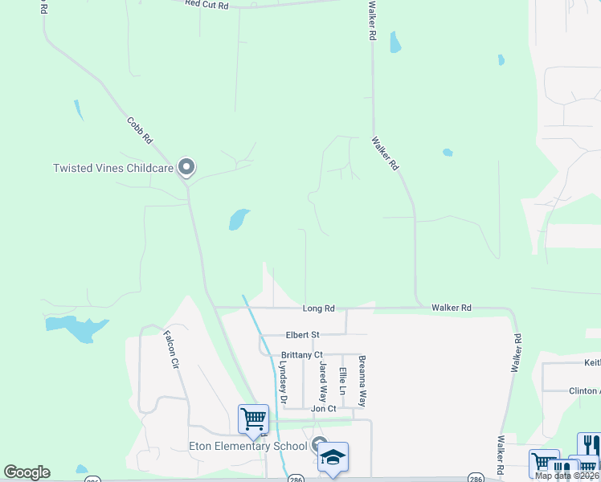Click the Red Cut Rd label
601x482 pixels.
click(x=206, y=5)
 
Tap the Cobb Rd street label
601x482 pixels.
click(x=140, y=130)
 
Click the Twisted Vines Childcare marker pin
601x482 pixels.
click(x=187, y=167)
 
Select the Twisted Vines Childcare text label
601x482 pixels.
click(x=112, y=168)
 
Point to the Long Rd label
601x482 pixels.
click(x=318, y=308)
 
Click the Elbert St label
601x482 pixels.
click(x=303, y=335)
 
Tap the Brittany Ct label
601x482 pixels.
click(x=302, y=355)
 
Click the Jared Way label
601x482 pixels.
click(x=323, y=382)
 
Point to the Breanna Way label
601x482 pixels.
click(x=362, y=381)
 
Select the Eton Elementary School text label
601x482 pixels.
click(x=247, y=446)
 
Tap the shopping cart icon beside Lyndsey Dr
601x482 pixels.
click(x=253, y=419)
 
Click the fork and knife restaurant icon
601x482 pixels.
click(x=588, y=444)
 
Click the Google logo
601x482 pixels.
click(x=27, y=472)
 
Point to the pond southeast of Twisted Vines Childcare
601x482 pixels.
click(x=239, y=219)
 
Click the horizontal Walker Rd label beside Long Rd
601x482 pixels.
click(x=451, y=308)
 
